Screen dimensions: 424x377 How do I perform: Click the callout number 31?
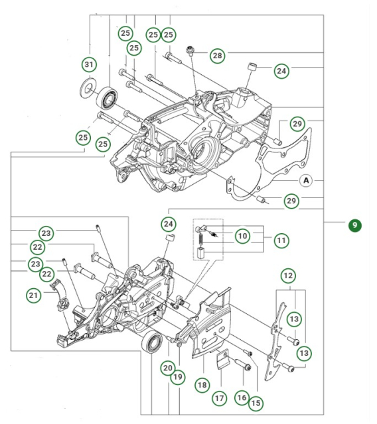click(x=88, y=64)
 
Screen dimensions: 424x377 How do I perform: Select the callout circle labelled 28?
click(x=218, y=56)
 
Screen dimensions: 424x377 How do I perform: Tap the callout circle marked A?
click(x=306, y=180)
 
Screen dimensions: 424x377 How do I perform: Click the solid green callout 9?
click(x=355, y=226)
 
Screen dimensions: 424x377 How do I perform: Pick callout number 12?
click(x=288, y=275)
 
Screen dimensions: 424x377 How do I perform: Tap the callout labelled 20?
click(x=168, y=368)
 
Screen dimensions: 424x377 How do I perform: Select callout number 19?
click(x=178, y=377)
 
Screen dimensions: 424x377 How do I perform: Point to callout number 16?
click(x=241, y=397)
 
